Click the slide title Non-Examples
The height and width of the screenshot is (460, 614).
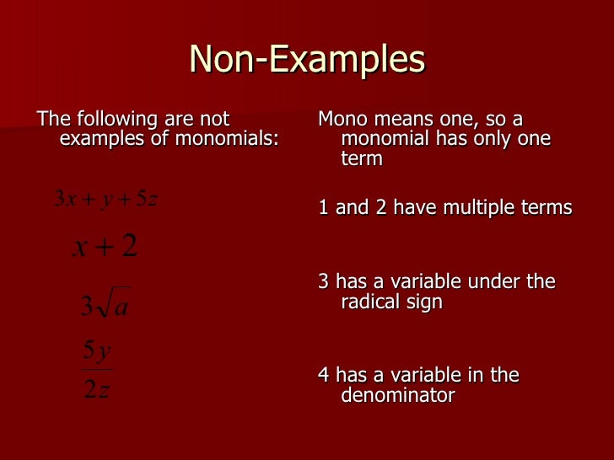[307, 59]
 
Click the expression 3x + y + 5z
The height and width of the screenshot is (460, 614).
[105, 199]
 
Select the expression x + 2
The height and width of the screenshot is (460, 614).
[105, 247]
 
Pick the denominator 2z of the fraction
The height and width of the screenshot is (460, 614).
[97, 390]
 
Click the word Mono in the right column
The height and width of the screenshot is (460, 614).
[342, 119]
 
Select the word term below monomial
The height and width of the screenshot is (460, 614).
[362, 158]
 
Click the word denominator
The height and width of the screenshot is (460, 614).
[398, 394]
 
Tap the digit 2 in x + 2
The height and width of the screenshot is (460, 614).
[129, 247]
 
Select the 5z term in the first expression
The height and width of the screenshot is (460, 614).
[147, 199]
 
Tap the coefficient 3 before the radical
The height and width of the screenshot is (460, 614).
[86, 307]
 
